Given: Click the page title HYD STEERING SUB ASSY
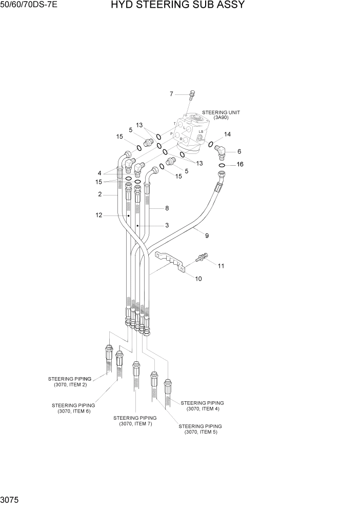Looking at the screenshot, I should [x=177, y=6].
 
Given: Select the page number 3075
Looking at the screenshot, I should [x=10, y=499].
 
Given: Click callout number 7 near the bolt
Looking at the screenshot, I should [x=172, y=93].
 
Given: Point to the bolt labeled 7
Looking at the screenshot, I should [x=192, y=94].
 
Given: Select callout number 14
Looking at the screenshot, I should [x=227, y=134].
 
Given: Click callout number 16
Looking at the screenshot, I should [x=239, y=164].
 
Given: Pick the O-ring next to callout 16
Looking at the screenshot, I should [x=221, y=165].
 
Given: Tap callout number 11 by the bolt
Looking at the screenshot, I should [x=221, y=266].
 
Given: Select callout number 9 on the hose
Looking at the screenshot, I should [x=207, y=236].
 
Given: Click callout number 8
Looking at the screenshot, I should [x=167, y=208].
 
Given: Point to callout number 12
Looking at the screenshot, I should [x=99, y=216].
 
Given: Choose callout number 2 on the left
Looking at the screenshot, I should [x=101, y=194].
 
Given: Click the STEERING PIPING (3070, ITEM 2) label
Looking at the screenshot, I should [x=68, y=382].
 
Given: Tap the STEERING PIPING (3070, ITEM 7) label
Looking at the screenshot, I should [x=135, y=421].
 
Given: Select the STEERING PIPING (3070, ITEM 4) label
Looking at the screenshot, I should [x=202, y=406].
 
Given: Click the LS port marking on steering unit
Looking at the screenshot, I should [x=201, y=132].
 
